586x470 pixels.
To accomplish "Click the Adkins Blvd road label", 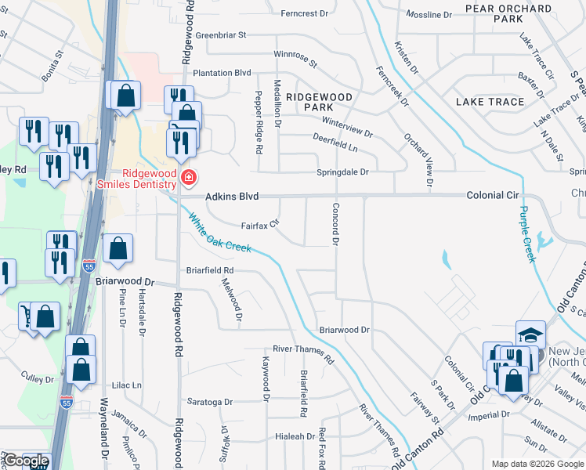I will [232, 197].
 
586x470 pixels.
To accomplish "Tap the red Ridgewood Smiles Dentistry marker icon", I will [188, 179].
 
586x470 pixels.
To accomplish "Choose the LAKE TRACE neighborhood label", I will [490, 102].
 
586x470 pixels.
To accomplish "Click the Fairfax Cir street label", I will [260, 225].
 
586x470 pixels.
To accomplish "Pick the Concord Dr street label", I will [335, 225].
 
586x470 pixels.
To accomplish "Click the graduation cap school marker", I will [530, 334].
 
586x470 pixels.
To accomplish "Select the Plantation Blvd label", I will [222, 73].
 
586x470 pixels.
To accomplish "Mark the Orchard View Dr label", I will [418, 154].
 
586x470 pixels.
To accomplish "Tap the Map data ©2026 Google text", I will [537, 464].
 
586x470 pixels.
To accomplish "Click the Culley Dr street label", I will [38, 379].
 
